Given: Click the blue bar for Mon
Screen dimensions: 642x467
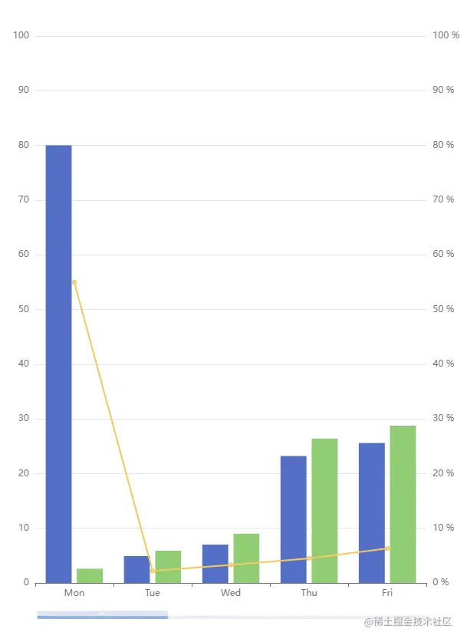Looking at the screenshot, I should coord(58,364).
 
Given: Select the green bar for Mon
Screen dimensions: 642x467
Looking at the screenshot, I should coord(90,575).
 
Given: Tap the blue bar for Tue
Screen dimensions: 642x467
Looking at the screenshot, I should coord(136,569).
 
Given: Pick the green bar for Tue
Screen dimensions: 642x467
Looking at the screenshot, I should coord(168,567).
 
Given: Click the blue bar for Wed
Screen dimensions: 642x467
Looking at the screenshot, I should coord(215,564).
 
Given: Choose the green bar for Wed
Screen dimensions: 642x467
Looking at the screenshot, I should coord(246,558).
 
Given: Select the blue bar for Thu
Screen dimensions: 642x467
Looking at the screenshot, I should coord(294,519).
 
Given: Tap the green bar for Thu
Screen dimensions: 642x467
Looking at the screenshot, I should coord(324,511).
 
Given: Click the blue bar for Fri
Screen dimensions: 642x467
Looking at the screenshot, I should coord(372,512).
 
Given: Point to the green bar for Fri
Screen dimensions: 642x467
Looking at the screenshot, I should coord(403,504).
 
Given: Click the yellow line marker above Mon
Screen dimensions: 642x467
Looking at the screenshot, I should coord(74,282).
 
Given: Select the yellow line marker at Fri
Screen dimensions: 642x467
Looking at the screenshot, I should coord(387,548).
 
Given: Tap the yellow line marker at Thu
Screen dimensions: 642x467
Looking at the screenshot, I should coord(309,558).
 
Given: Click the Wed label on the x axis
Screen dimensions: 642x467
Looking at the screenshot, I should coord(231,593).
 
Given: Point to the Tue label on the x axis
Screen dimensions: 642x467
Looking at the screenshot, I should coord(153,593).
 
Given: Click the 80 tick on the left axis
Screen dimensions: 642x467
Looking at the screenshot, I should coord(23,145).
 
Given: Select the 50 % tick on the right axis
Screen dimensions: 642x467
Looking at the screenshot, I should coord(443,309).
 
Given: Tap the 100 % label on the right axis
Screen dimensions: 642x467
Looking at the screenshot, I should coord(446,35).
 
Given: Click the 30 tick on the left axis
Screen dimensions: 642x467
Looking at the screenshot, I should coord(23,419).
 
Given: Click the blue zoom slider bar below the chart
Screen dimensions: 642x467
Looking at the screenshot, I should coord(102,615).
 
